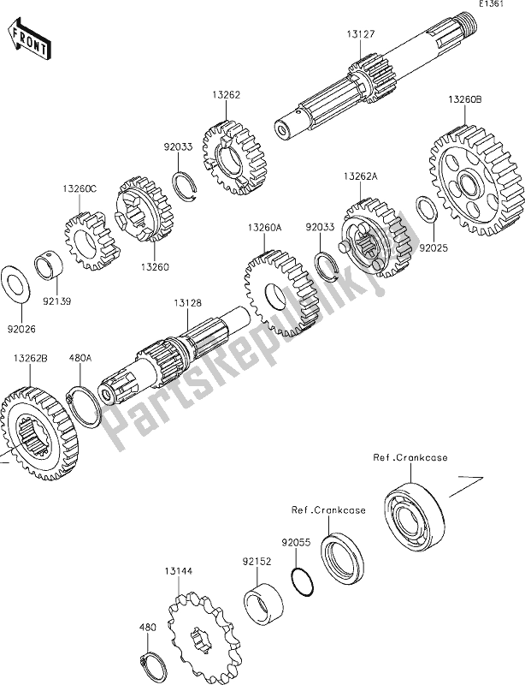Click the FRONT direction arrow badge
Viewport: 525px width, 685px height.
(28, 40)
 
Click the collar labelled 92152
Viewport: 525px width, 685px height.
(262, 599)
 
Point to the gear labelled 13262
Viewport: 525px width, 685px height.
(234, 158)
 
